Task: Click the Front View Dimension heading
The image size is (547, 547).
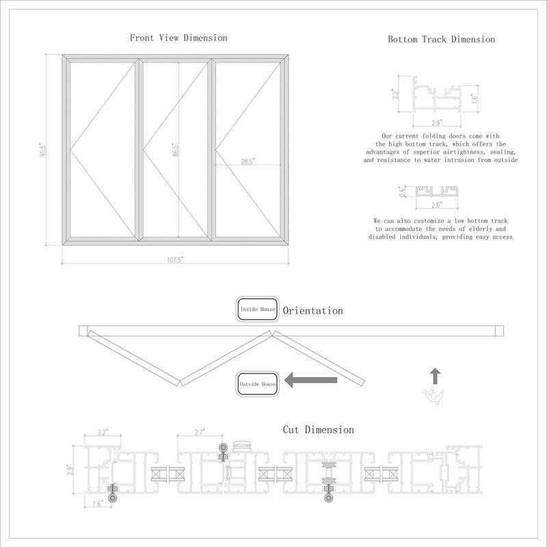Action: pos(178,38)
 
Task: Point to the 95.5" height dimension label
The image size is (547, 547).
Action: pos(42,149)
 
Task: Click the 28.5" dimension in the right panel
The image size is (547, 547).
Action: pos(248,161)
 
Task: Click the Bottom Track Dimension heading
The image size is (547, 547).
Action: pos(441,40)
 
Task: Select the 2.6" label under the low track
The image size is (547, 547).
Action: pos(436,204)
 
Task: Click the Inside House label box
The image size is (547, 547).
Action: pos(257,310)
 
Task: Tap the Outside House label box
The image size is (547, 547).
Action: pos(258,384)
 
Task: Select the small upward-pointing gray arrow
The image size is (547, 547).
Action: pos(436,375)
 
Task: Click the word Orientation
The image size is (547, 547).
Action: pos(312,310)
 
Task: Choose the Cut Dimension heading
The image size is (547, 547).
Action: pos(318,430)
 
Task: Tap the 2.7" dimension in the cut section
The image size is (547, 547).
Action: pos(200,432)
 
